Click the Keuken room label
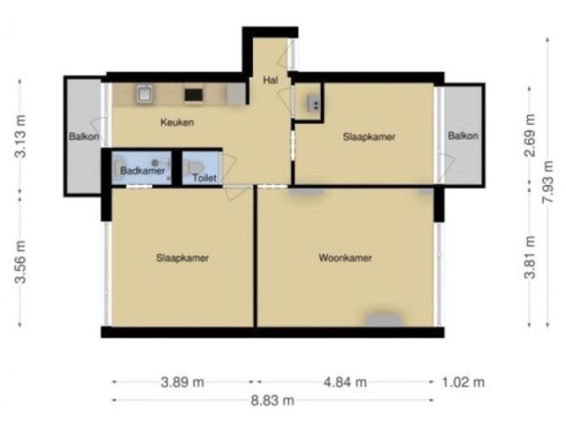click(177, 122)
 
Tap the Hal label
click(271, 80)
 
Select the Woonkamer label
click(345, 258)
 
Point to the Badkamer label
click(142, 171)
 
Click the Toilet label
click(204, 178)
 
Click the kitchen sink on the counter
click(145, 95)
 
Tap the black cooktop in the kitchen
click(194, 95)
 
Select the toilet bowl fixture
click(195, 167)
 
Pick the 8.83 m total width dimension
click(272, 400)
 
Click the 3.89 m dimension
click(182, 382)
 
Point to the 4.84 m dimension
click(345, 382)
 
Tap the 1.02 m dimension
click(463, 382)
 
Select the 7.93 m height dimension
click(548, 182)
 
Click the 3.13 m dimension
click(20, 136)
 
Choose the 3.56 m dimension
click(20, 262)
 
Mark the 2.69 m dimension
click(530, 135)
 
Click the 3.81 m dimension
click(530, 257)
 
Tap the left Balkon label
click(84, 136)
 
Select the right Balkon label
click(463, 135)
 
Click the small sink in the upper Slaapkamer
click(313, 104)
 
